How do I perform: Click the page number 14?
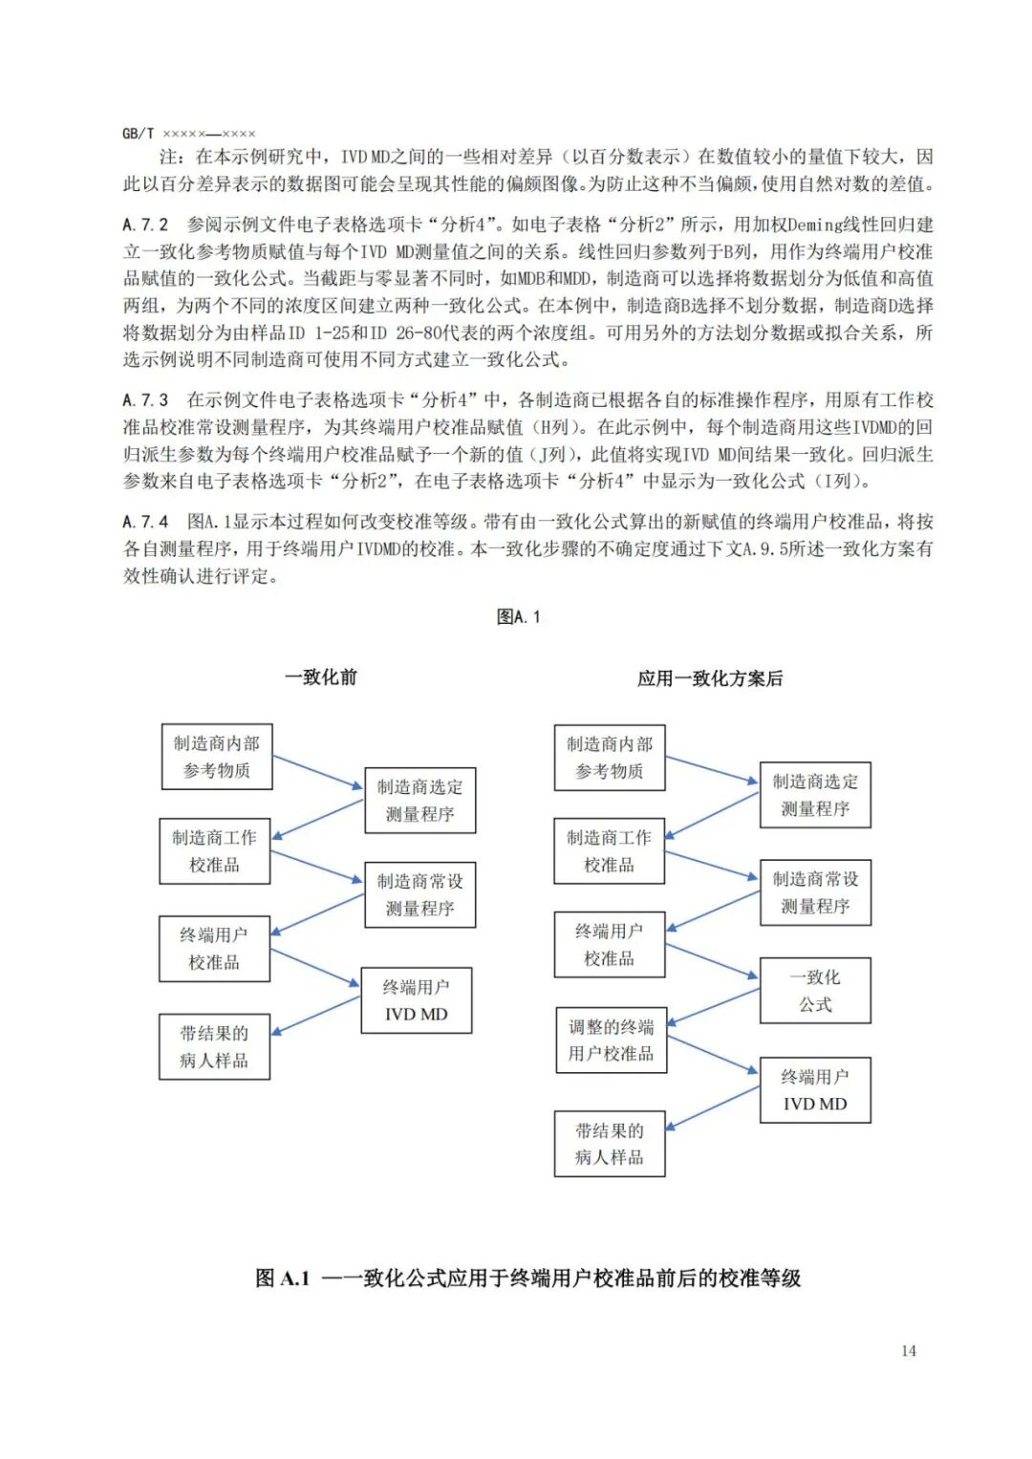click(908, 1350)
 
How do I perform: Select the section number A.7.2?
click(145, 225)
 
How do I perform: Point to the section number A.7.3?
click(145, 399)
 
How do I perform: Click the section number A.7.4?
click(145, 522)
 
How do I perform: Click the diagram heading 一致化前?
click(321, 677)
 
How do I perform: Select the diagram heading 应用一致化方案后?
click(710, 678)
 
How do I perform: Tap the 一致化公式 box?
click(815, 991)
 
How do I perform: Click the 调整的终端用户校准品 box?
click(611, 1040)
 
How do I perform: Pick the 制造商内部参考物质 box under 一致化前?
click(217, 757)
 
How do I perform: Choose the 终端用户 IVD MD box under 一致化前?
click(416, 1000)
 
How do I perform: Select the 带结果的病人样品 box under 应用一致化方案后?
click(610, 1144)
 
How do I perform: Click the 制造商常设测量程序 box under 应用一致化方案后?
click(815, 892)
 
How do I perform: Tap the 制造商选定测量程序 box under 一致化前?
click(419, 801)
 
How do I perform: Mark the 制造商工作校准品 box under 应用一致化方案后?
click(610, 850)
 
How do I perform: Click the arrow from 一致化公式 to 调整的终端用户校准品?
click(713, 1006)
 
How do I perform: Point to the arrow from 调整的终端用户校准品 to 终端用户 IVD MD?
click(713, 1054)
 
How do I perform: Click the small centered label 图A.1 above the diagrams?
click(518, 617)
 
